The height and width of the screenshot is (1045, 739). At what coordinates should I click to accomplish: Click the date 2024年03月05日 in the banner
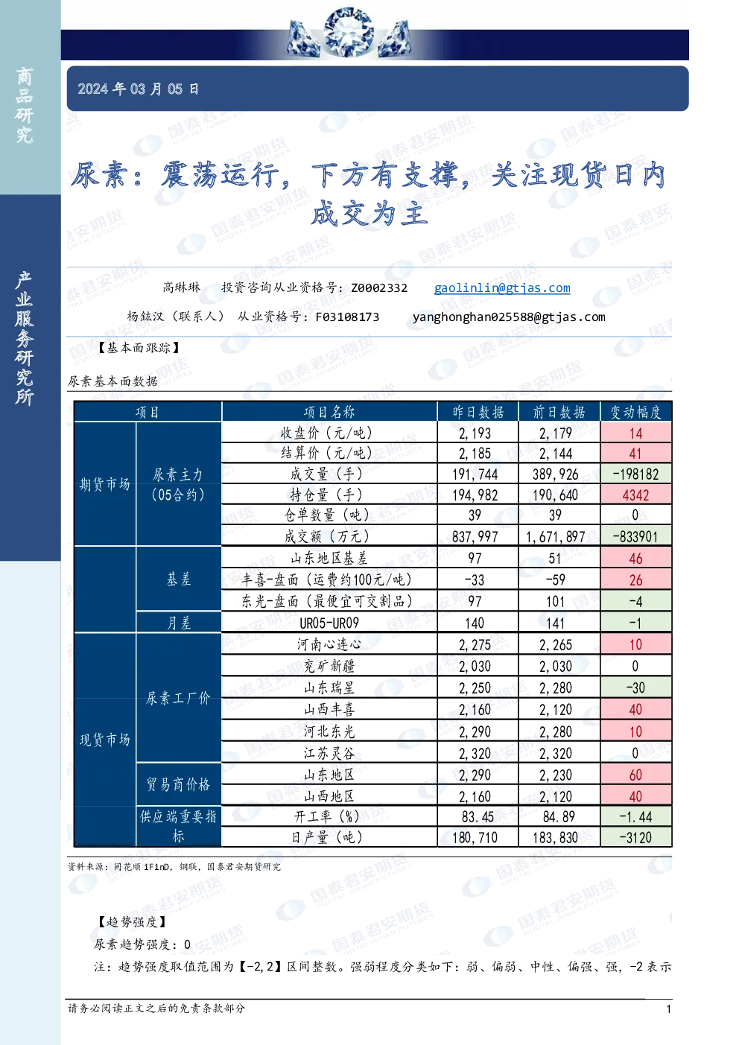[x=138, y=89]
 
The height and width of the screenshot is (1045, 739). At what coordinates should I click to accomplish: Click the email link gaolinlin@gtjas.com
[x=502, y=288]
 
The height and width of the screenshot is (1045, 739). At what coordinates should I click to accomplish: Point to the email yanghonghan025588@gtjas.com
[x=509, y=317]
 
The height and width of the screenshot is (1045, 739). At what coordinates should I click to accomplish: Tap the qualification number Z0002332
[x=379, y=288]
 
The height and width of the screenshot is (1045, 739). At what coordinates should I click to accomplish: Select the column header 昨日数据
[x=478, y=412]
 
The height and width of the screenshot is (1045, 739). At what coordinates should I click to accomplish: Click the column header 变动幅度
[x=636, y=412]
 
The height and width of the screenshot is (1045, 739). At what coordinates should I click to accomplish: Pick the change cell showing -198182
[x=635, y=474]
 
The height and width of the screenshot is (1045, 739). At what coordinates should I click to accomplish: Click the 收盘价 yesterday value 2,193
[x=475, y=433]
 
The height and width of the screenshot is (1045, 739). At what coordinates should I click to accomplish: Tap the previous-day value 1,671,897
[x=555, y=537]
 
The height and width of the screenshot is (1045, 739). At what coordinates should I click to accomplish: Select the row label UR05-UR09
[x=329, y=623]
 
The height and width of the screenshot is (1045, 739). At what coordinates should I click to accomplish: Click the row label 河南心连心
[x=329, y=645]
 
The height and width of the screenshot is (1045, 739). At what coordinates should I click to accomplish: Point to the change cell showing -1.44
[x=635, y=817]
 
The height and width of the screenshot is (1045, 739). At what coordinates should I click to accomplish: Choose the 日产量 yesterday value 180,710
[x=475, y=837]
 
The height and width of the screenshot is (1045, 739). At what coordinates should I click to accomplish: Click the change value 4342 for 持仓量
[x=635, y=495]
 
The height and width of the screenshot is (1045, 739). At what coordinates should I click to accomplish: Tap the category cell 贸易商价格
[x=178, y=785]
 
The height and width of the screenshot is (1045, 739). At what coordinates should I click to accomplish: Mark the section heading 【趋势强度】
[x=132, y=922]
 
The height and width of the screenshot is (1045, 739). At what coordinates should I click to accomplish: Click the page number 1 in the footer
[x=668, y=1009]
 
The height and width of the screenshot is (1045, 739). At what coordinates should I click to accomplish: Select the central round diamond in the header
[x=348, y=32]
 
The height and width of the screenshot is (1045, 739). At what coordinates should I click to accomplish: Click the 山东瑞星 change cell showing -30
[x=635, y=687]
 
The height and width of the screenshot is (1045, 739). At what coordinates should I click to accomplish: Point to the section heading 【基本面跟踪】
[x=139, y=348]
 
